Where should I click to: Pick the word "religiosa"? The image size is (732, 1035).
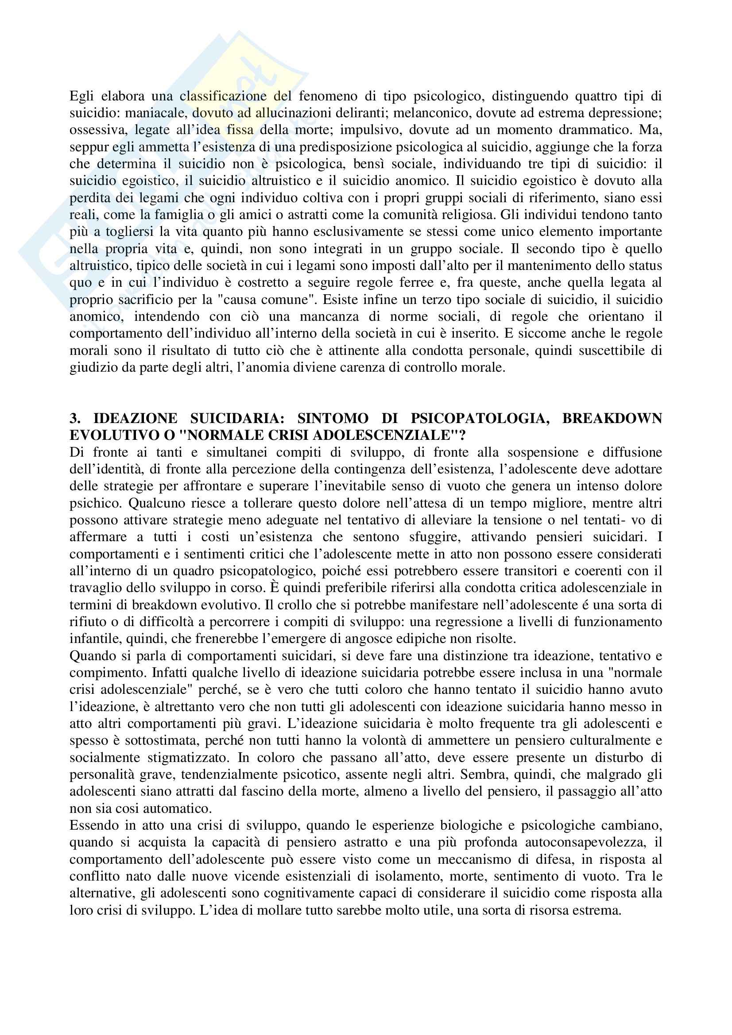(x=466, y=215)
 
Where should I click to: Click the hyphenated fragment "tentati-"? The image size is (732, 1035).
(x=620, y=520)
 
